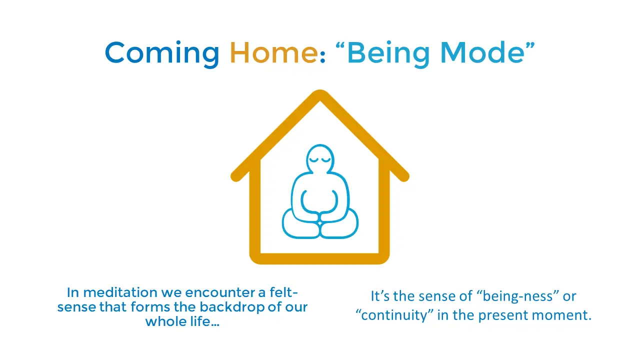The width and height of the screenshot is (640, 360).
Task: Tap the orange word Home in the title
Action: (273, 52)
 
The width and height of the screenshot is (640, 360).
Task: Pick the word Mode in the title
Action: (482, 52)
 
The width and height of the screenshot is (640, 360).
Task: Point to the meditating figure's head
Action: (320, 158)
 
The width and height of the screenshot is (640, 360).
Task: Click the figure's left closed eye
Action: (313, 159)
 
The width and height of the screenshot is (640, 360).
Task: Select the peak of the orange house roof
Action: (320, 94)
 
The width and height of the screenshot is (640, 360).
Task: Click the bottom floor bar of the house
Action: (319, 259)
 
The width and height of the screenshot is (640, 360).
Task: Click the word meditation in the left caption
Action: (120, 292)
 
